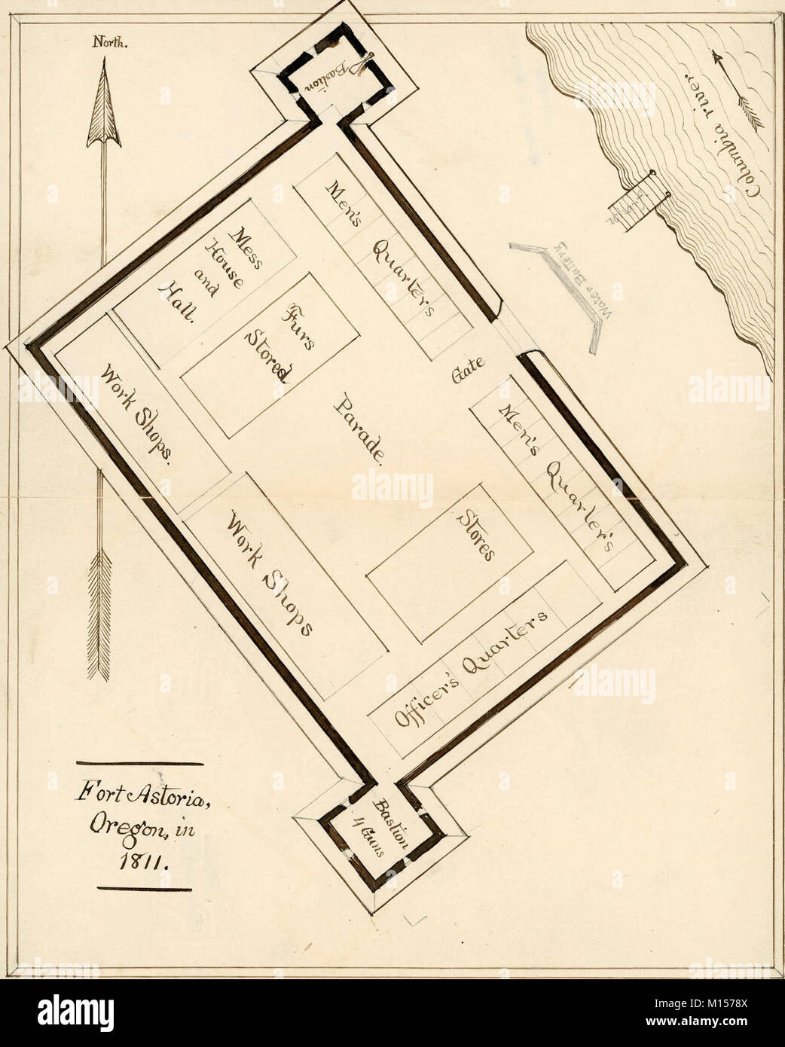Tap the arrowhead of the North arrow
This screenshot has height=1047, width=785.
[x=102, y=109]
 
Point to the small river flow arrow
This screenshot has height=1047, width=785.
[x=738, y=90]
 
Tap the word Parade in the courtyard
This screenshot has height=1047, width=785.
[x=360, y=430]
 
